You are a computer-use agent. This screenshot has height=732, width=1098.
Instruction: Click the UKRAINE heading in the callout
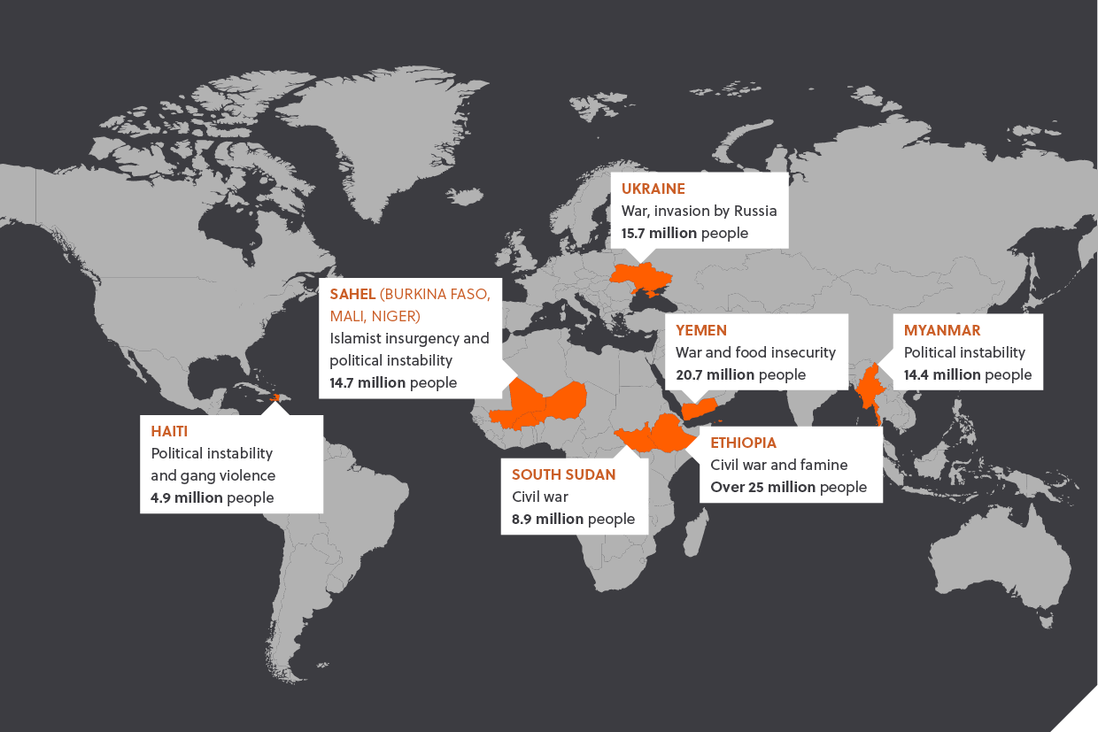click(x=653, y=189)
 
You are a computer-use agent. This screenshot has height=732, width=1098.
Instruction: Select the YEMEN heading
click(x=700, y=330)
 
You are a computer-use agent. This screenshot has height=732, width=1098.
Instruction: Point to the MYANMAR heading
click(x=941, y=330)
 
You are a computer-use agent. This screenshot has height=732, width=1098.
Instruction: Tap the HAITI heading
click(x=168, y=430)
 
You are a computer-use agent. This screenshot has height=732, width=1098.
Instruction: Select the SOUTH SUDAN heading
click(x=563, y=474)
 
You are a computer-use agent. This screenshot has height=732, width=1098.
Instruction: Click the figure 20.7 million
click(x=715, y=375)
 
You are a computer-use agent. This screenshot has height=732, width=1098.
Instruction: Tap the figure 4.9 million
click(x=186, y=497)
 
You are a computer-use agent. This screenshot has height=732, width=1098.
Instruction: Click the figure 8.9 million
click(x=547, y=519)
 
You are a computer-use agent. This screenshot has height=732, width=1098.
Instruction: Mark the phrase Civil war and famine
click(x=779, y=465)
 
